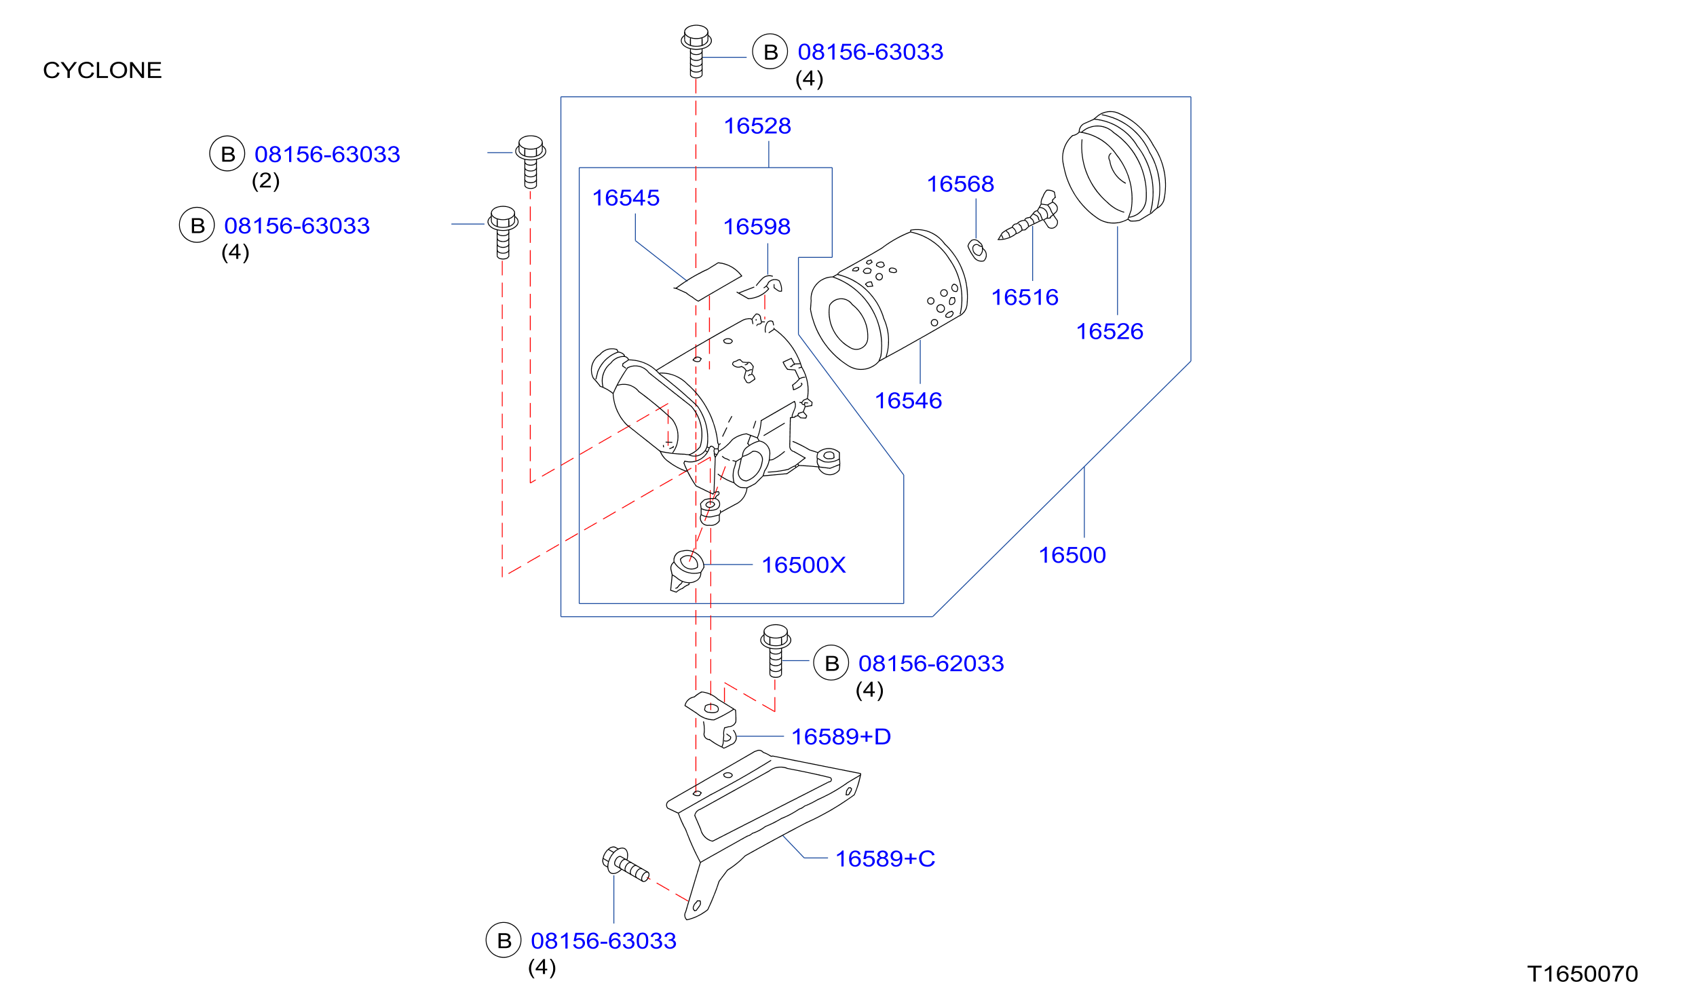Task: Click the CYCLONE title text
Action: (102, 71)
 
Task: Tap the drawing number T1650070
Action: (1583, 974)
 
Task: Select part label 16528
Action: (757, 126)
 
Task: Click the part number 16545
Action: (626, 197)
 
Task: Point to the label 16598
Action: (757, 227)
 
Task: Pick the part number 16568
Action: (960, 184)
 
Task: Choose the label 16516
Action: (1025, 297)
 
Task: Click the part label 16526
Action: (1110, 331)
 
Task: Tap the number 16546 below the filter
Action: (908, 400)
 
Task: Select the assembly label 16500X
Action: (803, 565)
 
